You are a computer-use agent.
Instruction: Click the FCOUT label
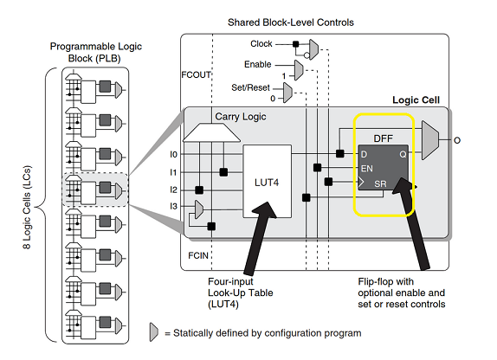pyautogui.click(x=197, y=74)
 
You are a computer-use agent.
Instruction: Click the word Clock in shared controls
pyautogui.click(x=261, y=43)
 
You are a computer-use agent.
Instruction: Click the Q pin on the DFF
pyautogui.click(x=402, y=154)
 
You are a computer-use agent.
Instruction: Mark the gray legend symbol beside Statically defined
pyautogui.click(x=155, y=333)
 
